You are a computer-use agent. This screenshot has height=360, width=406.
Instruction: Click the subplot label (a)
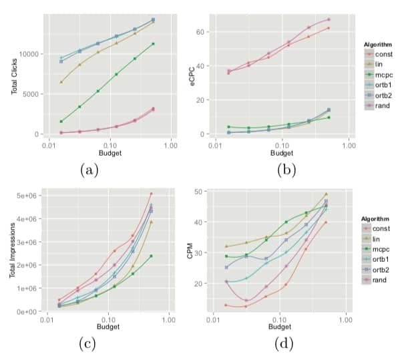click(x=90, y=170)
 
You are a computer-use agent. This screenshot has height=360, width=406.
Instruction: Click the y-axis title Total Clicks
click(x=15, y=75)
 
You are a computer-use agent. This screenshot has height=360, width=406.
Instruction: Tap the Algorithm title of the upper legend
click(x=377, y=44)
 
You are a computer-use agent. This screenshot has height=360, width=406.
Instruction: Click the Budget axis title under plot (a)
click(x=109, y=152)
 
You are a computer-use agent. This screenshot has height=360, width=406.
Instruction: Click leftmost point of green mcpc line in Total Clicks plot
click(x=61, y=122)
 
